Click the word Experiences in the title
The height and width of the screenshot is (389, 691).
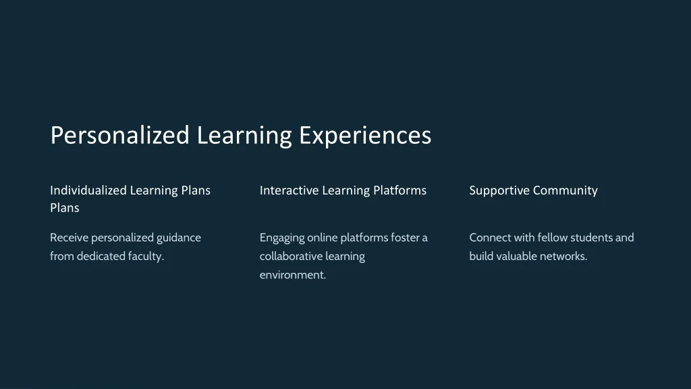[x=365, y=135]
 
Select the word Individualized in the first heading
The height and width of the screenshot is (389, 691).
[x=88, y=190]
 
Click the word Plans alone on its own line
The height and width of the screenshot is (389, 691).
[x=65, y=208]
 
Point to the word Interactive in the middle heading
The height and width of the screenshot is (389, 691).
[x=289, y=190]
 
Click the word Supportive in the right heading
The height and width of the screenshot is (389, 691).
[x=499, y=190]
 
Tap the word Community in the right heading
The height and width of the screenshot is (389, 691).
[x=565, y=190]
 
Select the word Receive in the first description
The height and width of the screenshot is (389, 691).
[x=69, y=238]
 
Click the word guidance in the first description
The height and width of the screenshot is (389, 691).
[x=179, y=238]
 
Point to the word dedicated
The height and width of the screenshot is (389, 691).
[x=101, y=257]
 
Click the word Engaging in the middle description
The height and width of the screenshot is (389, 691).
[x=282, y=238]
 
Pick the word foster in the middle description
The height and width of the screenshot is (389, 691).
[x=405, y=238]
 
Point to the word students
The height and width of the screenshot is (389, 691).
[x=591, y=238]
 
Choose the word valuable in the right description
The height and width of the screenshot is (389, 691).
[x=518, y=257]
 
